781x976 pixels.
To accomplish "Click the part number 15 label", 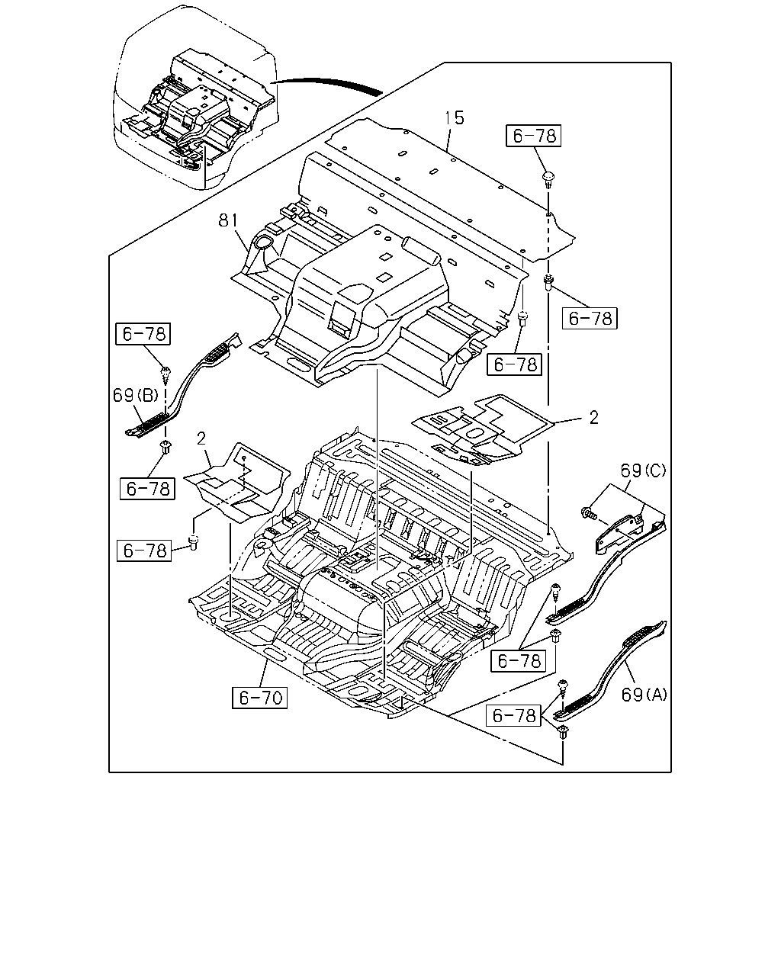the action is coord(455,118).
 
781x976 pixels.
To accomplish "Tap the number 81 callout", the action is coord(228,221).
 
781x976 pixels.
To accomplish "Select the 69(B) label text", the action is coord(135,396).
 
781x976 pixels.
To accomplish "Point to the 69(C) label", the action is coord(643,470).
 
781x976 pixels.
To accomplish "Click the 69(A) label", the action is coord(644,695).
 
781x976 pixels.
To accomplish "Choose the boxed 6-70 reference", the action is coord(259,698).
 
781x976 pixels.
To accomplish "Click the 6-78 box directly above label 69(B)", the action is coord(143,334).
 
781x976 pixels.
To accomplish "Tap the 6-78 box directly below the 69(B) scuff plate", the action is coord(147,489).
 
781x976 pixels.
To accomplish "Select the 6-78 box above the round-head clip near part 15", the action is coord(533,136).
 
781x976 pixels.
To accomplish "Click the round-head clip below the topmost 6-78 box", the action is coord(548,178).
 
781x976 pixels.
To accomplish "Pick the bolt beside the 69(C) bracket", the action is coord(588,513).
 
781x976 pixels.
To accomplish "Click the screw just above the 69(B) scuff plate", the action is coord(166,375).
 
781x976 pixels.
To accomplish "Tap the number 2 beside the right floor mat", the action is coord(593,418).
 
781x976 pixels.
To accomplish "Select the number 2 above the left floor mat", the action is coord(201,438).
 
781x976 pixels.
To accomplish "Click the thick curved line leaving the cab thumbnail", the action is coord(326,83).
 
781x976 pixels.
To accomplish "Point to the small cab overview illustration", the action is coord(195,98).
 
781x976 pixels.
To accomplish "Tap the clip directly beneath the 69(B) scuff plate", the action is coord(166,447).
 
